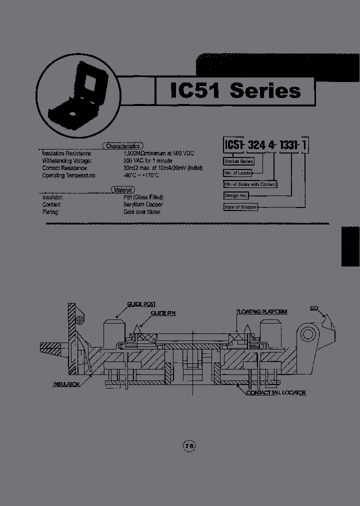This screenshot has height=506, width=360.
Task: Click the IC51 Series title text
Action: (235, 90)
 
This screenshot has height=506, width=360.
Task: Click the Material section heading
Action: (122, 190)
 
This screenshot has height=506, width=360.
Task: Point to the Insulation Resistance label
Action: (67, 153)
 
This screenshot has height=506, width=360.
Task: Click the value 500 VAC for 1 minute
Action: (147, 161)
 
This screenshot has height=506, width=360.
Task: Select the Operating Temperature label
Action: (69, 175)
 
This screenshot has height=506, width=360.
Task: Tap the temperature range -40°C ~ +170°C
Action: (141, 175)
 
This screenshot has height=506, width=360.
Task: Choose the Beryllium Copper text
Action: (143, 204)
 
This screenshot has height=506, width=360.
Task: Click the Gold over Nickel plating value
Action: (145, 212)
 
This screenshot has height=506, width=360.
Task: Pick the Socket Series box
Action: (238, 161)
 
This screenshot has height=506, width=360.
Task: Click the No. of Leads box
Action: (237, 173)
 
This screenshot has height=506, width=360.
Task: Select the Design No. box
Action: (236, 195)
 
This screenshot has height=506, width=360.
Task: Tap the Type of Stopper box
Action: (240, 207)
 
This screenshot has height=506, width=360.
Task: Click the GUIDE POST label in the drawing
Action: (141, 304)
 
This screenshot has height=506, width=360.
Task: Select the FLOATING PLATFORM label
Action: (262, 311)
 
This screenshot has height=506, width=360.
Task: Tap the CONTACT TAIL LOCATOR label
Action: (276, 392)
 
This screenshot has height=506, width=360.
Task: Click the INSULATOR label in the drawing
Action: (66, 384)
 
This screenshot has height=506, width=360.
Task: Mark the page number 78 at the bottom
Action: (189, 445)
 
